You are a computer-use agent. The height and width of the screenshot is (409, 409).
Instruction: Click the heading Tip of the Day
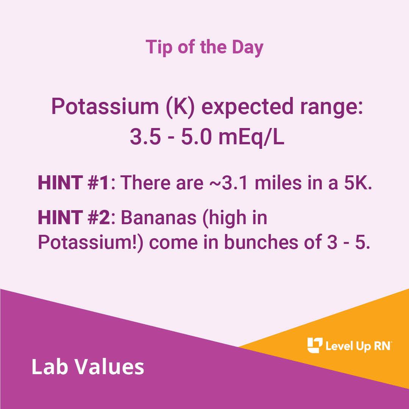pyautogui.click(x=204, y=47)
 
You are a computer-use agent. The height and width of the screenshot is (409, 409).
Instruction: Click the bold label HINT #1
pyautogui.click(x=73, y=183)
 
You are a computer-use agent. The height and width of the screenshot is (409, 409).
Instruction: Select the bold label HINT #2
pyautogui.click(x=74, y=219)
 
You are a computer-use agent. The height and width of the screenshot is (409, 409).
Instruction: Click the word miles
pyautogui.click(x=276, y=183)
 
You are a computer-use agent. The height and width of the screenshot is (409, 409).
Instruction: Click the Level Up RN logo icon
pyautogui.click(x=314, y=345)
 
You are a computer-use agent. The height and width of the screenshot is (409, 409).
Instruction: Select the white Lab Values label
pyautogui.click(x=87, y=367)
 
